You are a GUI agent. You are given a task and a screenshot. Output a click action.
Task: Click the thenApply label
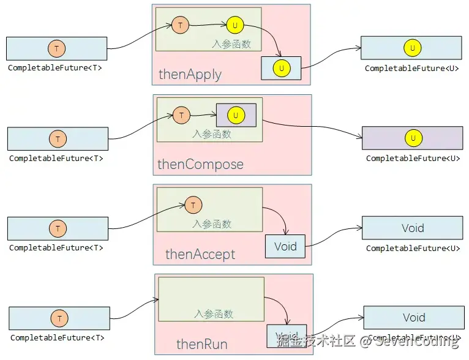point(190,75)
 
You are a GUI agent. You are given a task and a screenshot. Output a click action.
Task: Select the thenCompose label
point(200,164)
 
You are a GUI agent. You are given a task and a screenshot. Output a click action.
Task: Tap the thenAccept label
point(200,254)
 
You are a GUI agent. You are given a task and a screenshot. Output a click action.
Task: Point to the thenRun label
point(201,344)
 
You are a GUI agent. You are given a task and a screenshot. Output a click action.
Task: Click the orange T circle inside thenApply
point(180,25)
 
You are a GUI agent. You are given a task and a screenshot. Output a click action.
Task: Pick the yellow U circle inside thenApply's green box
point(234,25)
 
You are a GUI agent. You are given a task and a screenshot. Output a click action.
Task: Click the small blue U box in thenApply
point(281,68)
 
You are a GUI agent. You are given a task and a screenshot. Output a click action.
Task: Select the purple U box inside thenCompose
point(236,115)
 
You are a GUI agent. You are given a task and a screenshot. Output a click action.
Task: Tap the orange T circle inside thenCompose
point(181,115)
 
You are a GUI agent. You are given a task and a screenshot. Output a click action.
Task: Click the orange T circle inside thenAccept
point(193,205)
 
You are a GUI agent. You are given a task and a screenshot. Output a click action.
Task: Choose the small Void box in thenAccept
point(285,247)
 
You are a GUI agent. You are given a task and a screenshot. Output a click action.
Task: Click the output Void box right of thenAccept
point(412,228)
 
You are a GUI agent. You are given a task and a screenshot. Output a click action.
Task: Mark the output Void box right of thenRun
point(413,317)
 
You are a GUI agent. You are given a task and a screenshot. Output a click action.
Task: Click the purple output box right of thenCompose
point(412,138)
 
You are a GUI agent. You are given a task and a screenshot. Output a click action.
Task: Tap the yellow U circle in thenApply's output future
point(412,48)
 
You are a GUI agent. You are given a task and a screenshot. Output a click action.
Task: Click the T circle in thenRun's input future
point(59,318)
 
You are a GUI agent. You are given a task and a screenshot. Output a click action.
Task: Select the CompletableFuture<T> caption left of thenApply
point(55,69)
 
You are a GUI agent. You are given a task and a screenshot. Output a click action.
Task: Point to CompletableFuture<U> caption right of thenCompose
point(413,159)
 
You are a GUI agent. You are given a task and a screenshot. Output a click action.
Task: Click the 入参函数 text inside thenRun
point(214,313)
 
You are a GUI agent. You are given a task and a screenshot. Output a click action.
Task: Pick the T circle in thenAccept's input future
point(57,229)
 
